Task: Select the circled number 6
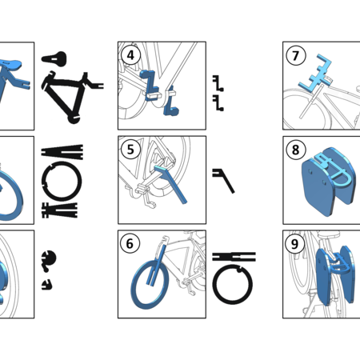coord(130,242)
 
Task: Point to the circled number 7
coord(295,55)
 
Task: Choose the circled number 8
coord(295,149)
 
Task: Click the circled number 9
coord(295,243)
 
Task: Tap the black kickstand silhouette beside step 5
coord(225,180)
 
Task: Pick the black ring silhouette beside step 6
coord(234,285)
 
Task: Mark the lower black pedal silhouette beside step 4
coord(218,101)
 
